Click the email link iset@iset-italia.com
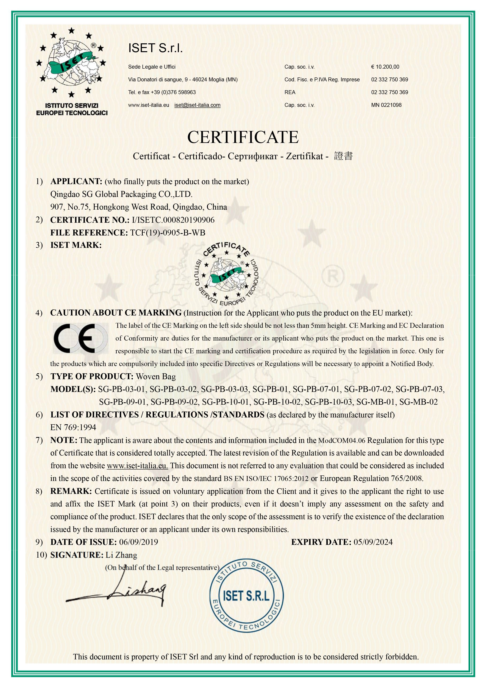(197, 105)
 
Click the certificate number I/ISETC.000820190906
(173, 220)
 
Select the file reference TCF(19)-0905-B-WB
(168, 233)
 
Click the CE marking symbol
(80, 338)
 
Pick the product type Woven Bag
(156, 376)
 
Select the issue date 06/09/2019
(139, 542)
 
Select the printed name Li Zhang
(121, 555)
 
